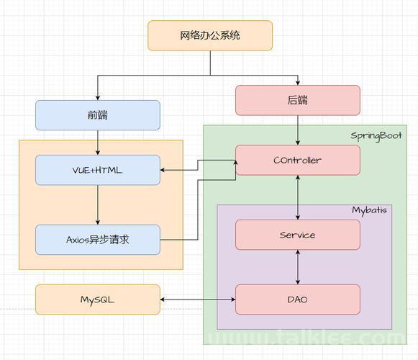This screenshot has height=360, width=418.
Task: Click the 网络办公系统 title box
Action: [x=210, y=35]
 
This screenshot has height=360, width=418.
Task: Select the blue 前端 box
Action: [x=98, y=115]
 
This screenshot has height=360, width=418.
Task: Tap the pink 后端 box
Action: [x=298, y=100]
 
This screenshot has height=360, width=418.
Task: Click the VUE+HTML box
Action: [x=98, y=170]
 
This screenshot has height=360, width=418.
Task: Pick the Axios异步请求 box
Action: [x=98, y=240]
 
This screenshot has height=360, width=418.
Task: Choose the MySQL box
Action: [x=98, y=300]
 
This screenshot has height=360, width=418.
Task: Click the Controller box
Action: [x=298, y=160]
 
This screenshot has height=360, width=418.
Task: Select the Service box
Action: [x=298, y=235]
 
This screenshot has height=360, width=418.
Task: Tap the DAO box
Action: [x=298, y=300]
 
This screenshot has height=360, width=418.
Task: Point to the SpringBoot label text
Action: [x=376, y=136]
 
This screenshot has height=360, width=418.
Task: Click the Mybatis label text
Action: [x=369, y=210]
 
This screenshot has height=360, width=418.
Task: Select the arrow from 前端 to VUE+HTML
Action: [x=98, y=143]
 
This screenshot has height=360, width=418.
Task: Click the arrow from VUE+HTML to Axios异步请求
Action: [x=98, y=205]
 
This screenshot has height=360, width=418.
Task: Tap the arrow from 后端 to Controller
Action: [x=298, y=130]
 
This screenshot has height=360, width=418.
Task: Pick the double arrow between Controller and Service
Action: [x=298, y=197]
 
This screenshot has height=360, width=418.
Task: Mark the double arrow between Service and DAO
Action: [x=298, y=267]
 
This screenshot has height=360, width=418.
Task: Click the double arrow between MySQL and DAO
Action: [x=198, y=300]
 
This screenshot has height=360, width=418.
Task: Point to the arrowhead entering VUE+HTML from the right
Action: [x=163, y=170]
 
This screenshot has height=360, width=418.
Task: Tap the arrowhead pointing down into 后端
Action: [x=298, y=83]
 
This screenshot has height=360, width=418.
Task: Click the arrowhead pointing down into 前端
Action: [x=98, y=98]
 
